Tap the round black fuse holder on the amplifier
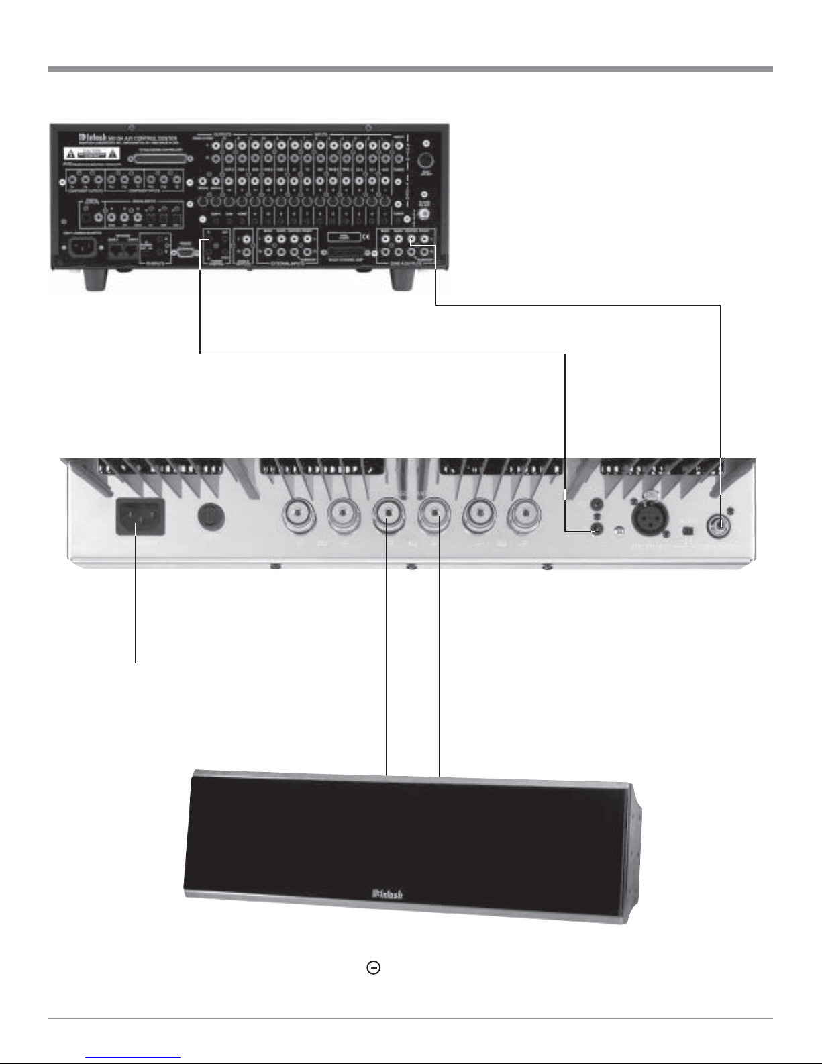coord(211,516)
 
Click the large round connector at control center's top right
coord(425,162)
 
